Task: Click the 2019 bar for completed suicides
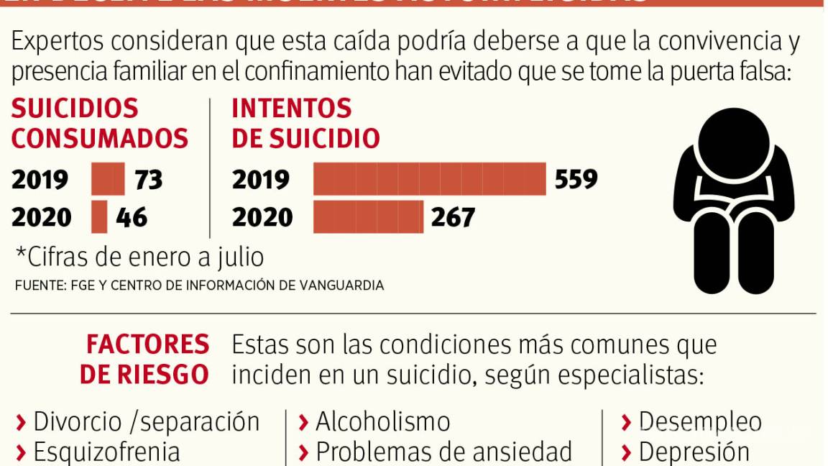(108, 180)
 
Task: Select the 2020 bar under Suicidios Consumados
(99, 217)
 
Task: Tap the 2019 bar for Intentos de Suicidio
(429, 179)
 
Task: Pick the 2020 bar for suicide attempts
(368, 217)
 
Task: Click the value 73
(149, 180)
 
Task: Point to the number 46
(132, 217)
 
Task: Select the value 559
(576, 179)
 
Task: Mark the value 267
(453, 217)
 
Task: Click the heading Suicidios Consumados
(99, 123)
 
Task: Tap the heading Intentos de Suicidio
(305, 123)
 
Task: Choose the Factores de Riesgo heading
(146, 360)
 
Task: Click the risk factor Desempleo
(692, 421)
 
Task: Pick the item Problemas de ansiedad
(436, 452)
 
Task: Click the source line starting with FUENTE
(199, 285)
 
